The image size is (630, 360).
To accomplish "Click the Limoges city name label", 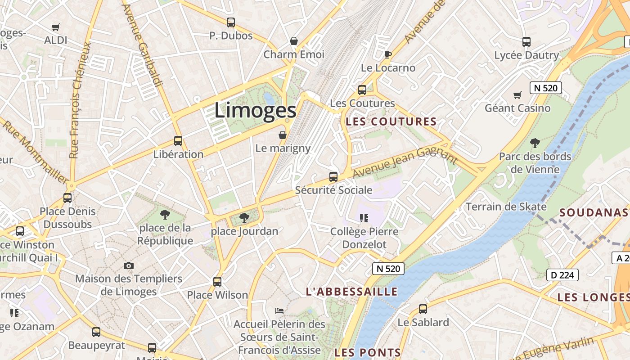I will (255, 111).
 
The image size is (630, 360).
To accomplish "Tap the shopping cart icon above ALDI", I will (56, 27).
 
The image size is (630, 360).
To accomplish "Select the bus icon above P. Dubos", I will (231, 22).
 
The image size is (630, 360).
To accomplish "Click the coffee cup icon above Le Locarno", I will (387, 55).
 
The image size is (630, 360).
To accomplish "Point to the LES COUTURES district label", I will (391, 121).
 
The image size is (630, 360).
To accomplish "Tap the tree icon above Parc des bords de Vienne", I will (535, 144).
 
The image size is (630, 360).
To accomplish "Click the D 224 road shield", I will (562, 275).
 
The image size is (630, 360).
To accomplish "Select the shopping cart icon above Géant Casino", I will (517, 95).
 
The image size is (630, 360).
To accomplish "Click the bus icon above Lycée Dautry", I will (526, 42).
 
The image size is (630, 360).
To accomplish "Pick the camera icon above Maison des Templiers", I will (129, 266).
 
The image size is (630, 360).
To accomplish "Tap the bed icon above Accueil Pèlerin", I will (279, 311).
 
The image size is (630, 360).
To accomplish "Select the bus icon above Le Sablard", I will (423, 309).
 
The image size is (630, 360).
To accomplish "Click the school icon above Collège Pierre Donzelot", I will (364, 219).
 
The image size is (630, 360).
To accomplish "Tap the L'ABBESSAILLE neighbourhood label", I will (351, 292).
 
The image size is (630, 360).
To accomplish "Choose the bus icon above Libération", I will (178, 141).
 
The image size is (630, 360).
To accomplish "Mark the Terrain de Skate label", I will (506, 207).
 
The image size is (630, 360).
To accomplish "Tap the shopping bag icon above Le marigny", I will (283, 135).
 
